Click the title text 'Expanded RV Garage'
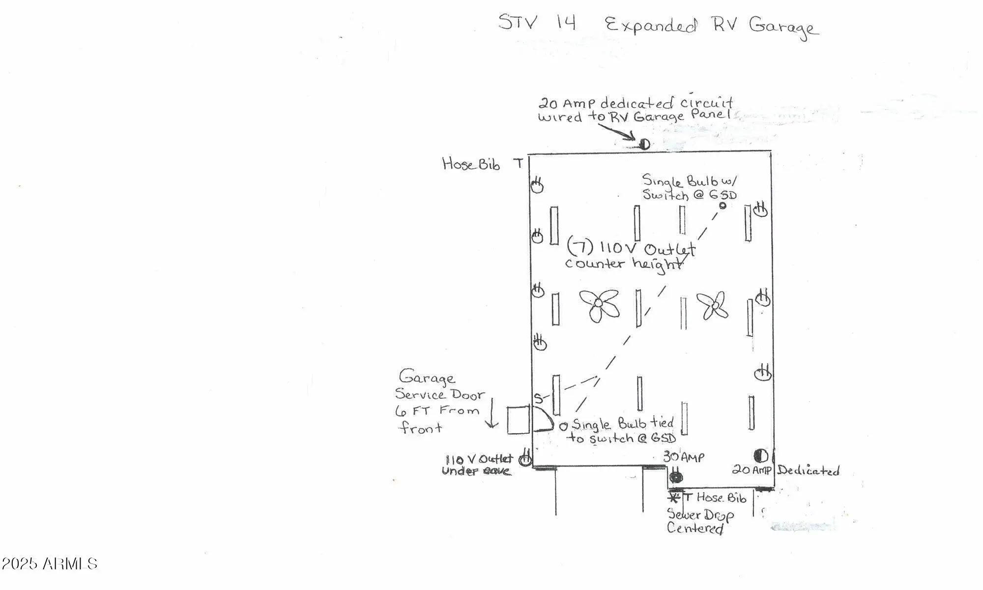coord(711,26)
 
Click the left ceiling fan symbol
coord(599,305)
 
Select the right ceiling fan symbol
coord(713,306)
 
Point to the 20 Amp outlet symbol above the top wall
coord(644,144)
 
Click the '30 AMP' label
coord(684,457)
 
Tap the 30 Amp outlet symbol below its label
coord(676,476)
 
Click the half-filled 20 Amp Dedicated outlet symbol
coord(760,456)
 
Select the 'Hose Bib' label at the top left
coord(471,164)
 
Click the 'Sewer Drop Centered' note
coord(699,522)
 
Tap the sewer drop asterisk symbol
coord(674,498)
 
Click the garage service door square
coord(518,420)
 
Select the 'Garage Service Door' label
coord(439,386)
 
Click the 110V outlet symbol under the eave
coord(525,459)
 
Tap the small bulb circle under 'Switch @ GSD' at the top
coord(723,206)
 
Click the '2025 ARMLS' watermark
coord(49,563)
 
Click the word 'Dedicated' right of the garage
coord(808,471)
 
